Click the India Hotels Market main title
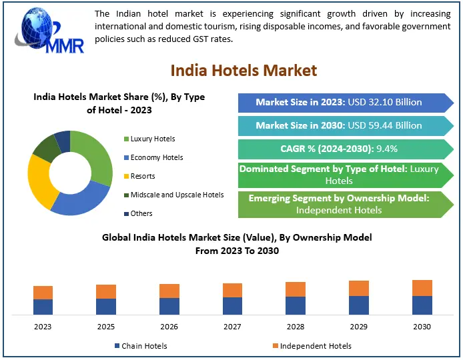[244, 70]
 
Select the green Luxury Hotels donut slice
[96, 153]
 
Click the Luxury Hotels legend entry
[152, 139]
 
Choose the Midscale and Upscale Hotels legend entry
[176, 195]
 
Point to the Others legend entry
[141, 213]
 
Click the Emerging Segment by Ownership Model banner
[339, 204]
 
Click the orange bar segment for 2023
[43, 292]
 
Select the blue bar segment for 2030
[422, 305]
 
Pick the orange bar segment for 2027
[232, 290]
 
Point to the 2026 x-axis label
[169, 327]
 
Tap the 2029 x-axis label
[359, 327]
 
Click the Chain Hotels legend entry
[139, 346]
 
